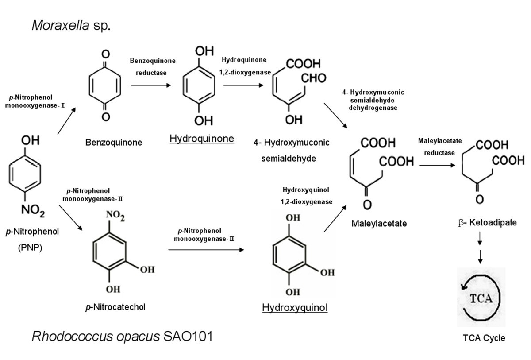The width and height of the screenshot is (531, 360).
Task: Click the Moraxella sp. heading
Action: point(71,25)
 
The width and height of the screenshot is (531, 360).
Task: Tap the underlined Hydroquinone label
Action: point(202,139)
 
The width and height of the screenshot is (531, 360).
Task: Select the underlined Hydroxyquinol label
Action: point(295,307)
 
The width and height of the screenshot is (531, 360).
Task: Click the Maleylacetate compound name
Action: point(379,223)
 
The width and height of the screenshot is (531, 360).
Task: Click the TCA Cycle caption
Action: point(481,338)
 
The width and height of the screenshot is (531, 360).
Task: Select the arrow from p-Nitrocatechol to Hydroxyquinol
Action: point(206,250)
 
